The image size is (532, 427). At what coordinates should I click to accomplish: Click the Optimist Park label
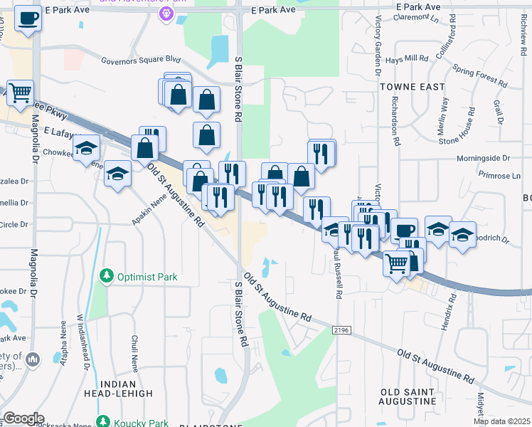point(147,276)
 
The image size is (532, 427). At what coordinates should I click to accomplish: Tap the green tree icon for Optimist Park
point(107,275)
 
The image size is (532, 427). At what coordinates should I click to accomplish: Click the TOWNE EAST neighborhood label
point(412,87)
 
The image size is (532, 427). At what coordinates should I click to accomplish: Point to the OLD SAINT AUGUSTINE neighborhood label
point(408,396)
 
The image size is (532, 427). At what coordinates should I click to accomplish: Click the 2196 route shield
point(342,330)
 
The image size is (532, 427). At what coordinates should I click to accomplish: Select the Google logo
point(23,418)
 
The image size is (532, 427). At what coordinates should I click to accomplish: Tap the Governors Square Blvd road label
point(141,61)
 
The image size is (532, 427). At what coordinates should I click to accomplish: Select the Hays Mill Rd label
point(407,60)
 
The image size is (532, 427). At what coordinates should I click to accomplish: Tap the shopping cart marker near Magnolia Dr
point(21,92)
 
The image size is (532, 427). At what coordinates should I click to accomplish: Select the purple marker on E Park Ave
point(166,14)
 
